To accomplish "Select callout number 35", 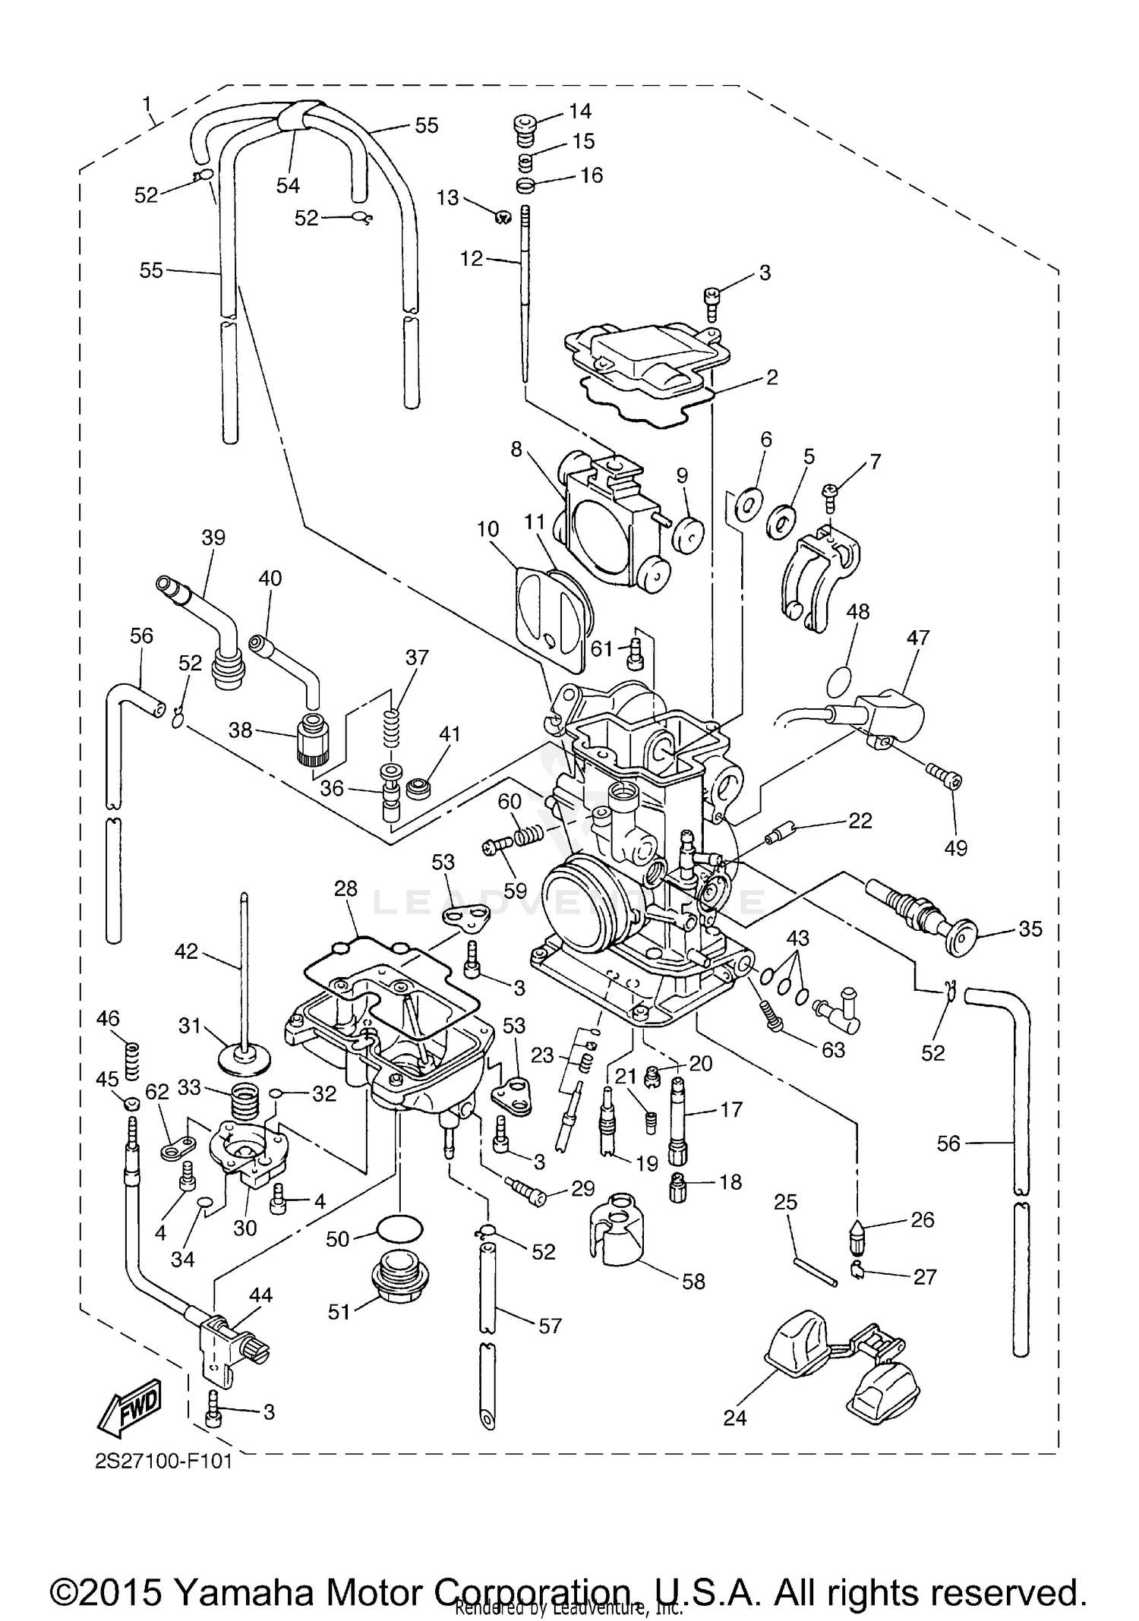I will coord(1030,929).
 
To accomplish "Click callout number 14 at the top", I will coord(579,112).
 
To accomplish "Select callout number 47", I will coord(918,638).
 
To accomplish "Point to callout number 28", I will coord(345,888).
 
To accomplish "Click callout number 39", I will coord(213,538).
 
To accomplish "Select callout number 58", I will coord(693,1282).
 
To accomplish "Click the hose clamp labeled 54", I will coord(297,119).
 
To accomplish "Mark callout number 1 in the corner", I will coord(147,103).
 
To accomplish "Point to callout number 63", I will coord(833,1049).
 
